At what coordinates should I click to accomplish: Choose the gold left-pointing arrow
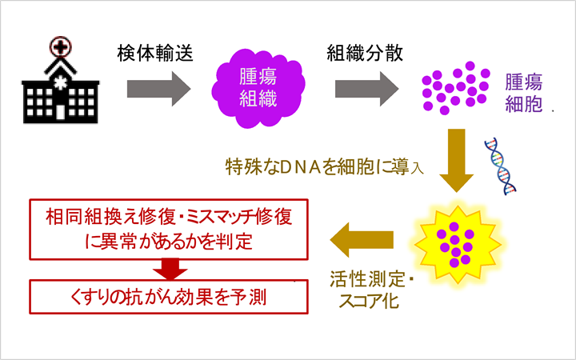click(x=363, y=237)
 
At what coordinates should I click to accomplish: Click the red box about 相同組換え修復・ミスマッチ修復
click(x=168, y=227)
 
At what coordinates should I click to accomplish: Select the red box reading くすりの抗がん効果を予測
click(x=168, y=297)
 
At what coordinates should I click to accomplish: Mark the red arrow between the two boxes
click(x=168, y=266)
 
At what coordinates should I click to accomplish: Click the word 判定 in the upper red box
click(x=235, y=239)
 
